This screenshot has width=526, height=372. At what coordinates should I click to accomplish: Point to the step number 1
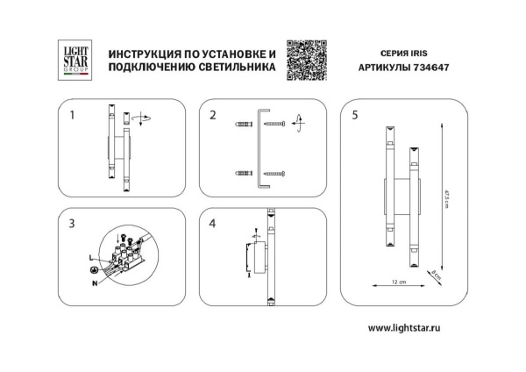tap(72, 115)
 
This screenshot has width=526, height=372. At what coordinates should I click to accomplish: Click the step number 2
tap(212, 115)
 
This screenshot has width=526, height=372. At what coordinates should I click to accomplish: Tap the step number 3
tap(72, 224)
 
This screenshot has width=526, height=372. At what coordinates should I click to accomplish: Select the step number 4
tap(212, 224)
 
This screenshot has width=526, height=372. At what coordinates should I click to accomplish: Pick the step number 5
tap(354, 115)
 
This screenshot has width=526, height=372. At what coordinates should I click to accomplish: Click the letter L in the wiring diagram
tap(91, 254)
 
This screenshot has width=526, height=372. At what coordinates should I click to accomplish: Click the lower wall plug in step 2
tap(243, 173)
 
